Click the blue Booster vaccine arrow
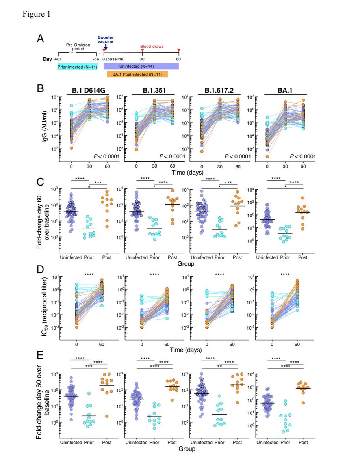point(105,47)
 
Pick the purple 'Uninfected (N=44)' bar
point(141,66)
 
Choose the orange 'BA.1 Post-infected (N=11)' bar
point(137,74)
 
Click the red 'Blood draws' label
point(152,46)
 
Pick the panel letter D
point(40,270)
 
